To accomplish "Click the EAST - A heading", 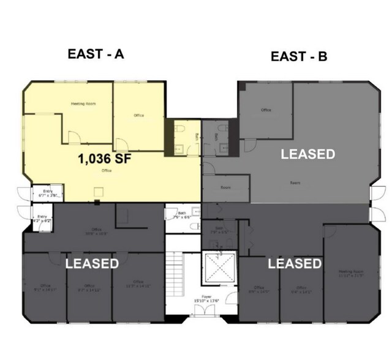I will click(x=96, y=54).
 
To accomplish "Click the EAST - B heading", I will click(x=299, y=57).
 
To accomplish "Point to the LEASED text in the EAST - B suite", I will click(x=308, y=154).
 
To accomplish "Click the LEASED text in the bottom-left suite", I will click(x=92, y=264).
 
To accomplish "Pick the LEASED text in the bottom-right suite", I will click(x=295, y=264).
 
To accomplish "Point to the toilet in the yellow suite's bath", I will click(x=178, y=129).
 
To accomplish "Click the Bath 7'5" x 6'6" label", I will click(x=181, y=216).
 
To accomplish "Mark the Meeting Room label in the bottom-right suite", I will click(x=350, y=274).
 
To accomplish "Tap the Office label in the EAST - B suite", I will click(x=266, y=110).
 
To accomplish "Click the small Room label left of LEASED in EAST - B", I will click(x=225, y=188).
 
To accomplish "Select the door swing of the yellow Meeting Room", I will click(x=73, y=137).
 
